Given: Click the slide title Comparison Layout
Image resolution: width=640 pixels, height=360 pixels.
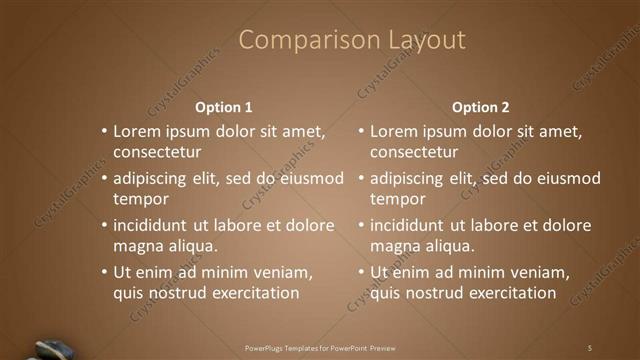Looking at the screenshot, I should (x=352, y=40).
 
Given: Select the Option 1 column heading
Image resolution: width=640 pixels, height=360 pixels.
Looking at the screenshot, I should (x=223, y=107).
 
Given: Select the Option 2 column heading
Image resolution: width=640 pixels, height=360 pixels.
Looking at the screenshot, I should (x=480, y=107).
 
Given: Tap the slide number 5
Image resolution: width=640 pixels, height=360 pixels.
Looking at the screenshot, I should (x=590, y=347).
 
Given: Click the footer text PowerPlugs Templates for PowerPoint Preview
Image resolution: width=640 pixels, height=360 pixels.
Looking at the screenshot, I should (x=320, y=348).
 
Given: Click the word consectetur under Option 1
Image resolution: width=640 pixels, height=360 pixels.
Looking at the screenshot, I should (x=157, y=153).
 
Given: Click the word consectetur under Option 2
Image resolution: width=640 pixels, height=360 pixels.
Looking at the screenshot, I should (x=414, y=153).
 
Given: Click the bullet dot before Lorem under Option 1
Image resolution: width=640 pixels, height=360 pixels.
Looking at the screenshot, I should (x=104, y=132).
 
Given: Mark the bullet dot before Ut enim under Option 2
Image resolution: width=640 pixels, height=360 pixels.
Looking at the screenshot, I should (x=361, y=273).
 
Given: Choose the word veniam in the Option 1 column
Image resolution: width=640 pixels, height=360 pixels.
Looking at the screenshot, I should (x=284, y=272).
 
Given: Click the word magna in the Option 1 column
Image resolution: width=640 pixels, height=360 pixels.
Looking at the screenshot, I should (x=137, y=246).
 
